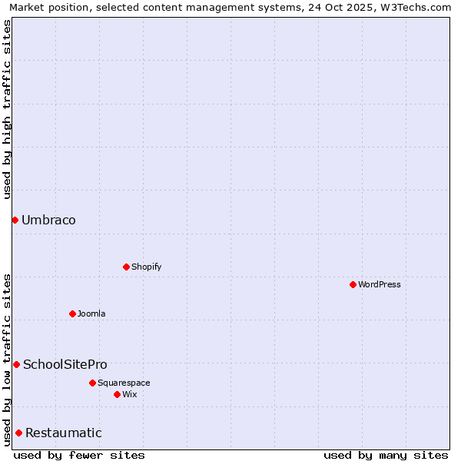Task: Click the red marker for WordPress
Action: [353, 284]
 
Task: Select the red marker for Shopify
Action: [126, 267]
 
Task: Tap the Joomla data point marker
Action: [72, 313]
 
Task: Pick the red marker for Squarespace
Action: [92, 383]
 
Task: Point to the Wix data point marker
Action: [117, 394]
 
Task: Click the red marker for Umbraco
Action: [15, 220]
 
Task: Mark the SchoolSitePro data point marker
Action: [16, 364]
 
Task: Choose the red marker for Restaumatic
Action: [18, 433]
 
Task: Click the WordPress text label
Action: [380, 284]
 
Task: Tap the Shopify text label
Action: [146, 267]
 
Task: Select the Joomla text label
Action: [91, 313]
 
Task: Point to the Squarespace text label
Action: [124, 383]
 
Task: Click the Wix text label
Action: [129, 394]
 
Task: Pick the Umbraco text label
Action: [48, 221]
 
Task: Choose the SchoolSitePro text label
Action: [65, 365]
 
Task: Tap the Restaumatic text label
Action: [64, 433]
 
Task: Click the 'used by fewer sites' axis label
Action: [79, 455]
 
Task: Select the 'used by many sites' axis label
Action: [386, 455]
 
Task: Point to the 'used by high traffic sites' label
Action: [8, 109]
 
